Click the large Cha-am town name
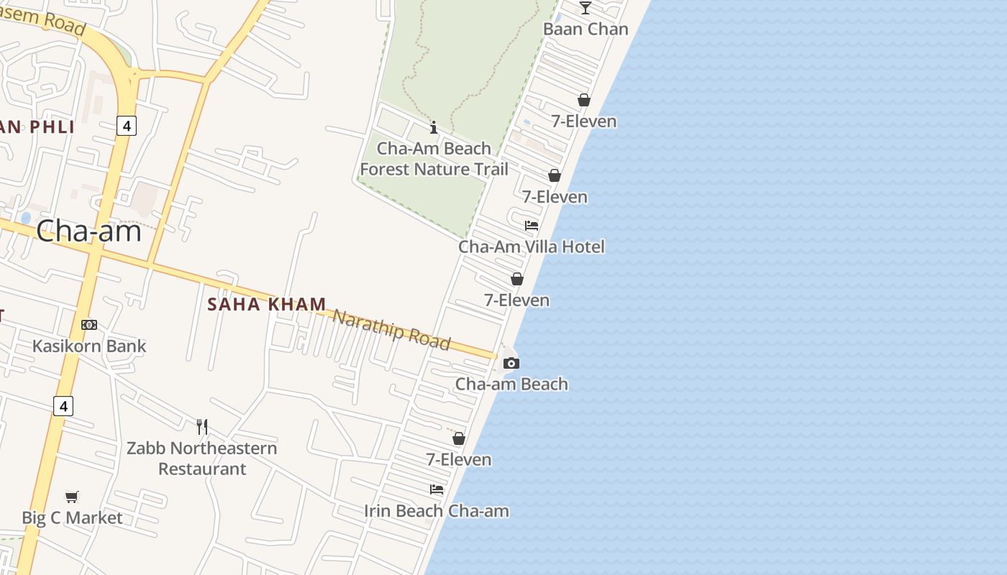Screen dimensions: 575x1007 tap(88, 231)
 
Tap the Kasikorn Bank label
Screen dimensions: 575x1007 tap(89, 346)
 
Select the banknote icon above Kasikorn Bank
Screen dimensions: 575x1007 tap(89, 325)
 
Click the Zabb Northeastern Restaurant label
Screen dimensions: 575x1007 tap(202, 458)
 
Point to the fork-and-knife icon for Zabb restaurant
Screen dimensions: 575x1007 tap(202, 427)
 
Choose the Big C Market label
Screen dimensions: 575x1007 tap(72, 517)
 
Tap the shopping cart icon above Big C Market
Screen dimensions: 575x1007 tap(71, 497)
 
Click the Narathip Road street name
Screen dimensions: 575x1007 tap(391, 329)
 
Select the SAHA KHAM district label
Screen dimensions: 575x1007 tap(267, 304)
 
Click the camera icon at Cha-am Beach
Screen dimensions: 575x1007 tap(511, 363)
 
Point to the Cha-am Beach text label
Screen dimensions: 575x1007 tap(511, 384)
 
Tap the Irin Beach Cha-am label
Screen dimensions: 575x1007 tap(437, 511)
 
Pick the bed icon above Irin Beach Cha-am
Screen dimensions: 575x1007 tap(437, 489)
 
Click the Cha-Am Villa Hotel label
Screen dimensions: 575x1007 tap(532, 247)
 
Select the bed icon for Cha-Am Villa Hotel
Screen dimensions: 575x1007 tap(532, 226)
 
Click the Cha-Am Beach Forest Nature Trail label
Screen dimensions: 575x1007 tap(434, 159)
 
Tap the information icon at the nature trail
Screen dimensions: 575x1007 tap(434, 128)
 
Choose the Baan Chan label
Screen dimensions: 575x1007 tap(585, 29)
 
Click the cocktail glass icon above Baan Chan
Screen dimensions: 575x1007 tap(585, 8)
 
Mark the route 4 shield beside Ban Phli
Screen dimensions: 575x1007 tap(127, 126)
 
